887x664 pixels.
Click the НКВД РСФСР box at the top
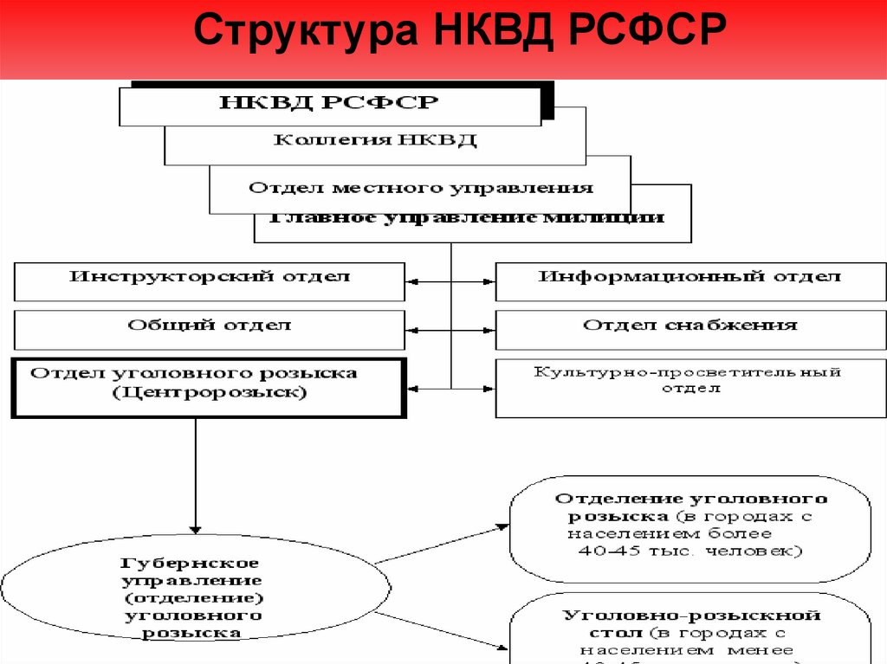[x=329, y=104]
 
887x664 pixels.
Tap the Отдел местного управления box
[x=421, y=188]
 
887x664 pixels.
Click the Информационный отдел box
[x=690, y=280]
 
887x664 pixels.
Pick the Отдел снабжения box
[x=690, y=328]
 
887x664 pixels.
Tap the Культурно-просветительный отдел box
[x=690, y=382]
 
